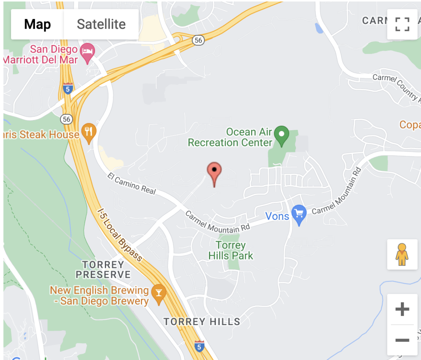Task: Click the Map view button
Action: [x=37, y=24]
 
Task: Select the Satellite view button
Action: [x=101, y=24]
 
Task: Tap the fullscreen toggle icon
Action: [x=402, y=24]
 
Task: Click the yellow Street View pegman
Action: [x=402, y=254]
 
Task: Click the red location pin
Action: [x=214, y=173]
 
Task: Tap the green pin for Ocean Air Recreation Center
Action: [x=282, y=135]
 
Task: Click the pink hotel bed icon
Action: [x=88, y=52]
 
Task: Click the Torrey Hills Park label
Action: [x=231, y=251]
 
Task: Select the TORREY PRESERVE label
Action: [x=103, y=270]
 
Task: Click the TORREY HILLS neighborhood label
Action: [x=202, y=321]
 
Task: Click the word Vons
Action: [x=277, y=216]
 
